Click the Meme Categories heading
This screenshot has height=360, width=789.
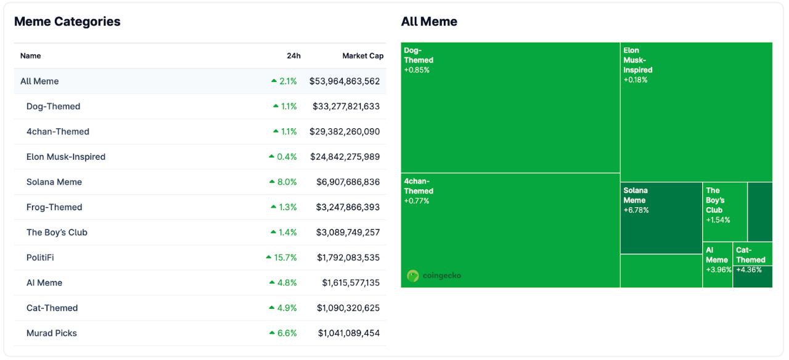(x=67, y=22)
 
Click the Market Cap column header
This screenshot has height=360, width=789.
(x=363, y=55)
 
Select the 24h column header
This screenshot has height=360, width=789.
(x=293, y=55)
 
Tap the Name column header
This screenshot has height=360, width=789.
(x=30, y=55)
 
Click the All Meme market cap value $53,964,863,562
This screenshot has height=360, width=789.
(x=345, y=81)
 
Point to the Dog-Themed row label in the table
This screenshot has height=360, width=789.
(x=53, y=107)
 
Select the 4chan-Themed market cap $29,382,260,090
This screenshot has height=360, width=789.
(x=345, y=131)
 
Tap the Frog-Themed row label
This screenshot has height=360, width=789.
(x=54, y=207)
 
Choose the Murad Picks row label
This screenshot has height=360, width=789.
(x=51, y=333)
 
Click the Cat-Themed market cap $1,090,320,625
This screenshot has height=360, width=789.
(x=348, y=308)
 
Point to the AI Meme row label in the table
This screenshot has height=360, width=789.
(x=44, y=282)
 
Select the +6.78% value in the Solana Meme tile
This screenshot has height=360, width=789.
(x=636, y=210)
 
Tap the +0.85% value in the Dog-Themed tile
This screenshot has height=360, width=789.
(x=417, y=70)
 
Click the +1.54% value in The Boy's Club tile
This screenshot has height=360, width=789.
(x=718, y=220)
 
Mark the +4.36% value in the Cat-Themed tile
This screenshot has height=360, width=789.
(x=749, y=270)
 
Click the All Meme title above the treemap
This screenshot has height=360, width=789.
(x=429, y=22)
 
